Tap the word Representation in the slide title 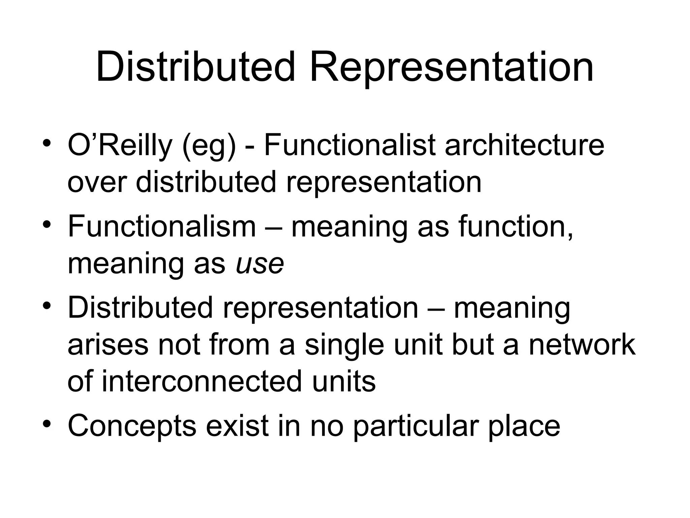click(451, 67)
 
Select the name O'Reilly click(120, 146)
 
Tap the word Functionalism click(162, 226)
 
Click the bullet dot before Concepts click(47, 423)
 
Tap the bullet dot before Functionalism click(47, 224)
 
